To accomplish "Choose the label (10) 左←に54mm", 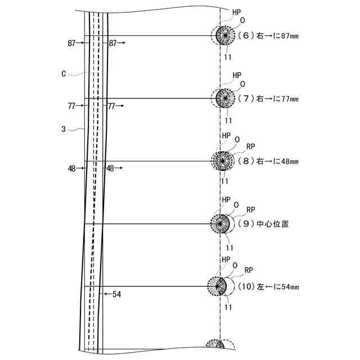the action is (x=267, y=286).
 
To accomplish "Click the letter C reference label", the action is (x=65, y=73).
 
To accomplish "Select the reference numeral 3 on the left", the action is (x=64, y=129).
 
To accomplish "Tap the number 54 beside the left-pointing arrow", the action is (x=116, y=294).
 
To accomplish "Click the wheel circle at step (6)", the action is (x=226, y=35).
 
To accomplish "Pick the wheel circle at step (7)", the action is (x=226, y=98).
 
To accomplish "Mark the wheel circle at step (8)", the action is (x=224, y=161).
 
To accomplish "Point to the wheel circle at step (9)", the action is (x=220, y=224).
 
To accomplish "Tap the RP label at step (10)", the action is (x=248, y=269).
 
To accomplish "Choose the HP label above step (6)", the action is (x=237, y=12).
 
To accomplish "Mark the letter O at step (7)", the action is (x=242, y=84).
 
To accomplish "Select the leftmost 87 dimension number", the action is (x=71, y=43).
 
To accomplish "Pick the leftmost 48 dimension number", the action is (x=71, y=168).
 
